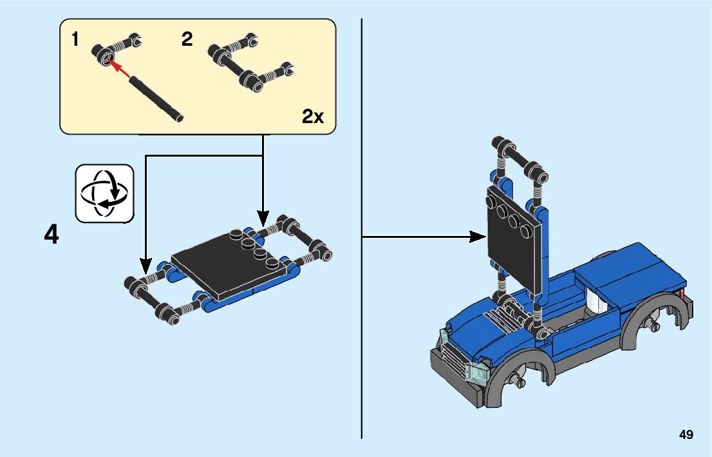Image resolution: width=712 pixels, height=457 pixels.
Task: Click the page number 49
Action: [686, 434]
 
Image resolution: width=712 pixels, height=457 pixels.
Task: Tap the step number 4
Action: [52, 235]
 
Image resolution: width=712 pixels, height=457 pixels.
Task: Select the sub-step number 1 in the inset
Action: [75, 40]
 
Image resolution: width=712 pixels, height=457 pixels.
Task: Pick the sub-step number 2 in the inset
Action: [187, 40]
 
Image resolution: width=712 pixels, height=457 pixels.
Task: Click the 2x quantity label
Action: [313, 117]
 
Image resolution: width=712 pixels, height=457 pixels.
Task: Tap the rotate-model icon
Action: [104, 193]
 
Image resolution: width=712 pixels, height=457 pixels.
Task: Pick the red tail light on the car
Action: [682, 296]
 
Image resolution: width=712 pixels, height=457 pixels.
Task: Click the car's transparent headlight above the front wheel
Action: [476, 371]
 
